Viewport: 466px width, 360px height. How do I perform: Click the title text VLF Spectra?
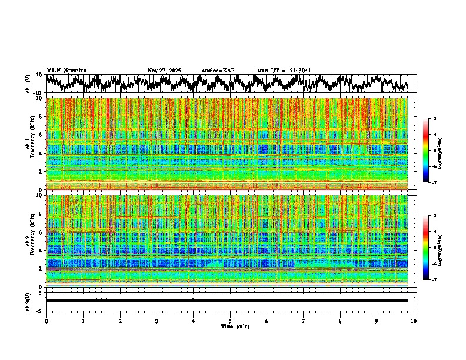coord(66,71)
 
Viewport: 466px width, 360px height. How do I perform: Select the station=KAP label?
coord(218,71)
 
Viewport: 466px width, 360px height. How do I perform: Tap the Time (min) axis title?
coord(230,326)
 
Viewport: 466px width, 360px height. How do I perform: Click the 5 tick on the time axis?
coord(230,321)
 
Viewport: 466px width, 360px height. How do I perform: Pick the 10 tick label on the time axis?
coord(414,321)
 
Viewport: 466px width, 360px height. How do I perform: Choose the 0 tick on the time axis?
coord(46,321)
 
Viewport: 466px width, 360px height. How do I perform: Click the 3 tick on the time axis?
coord(157,321)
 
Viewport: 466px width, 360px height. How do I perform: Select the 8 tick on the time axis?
coord(340,321)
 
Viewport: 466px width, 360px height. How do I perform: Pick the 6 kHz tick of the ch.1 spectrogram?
coord(41,135)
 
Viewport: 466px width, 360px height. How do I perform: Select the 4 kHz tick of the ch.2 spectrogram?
coord(41,251)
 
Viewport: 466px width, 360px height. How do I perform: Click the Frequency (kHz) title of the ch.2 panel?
coord(34,241)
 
